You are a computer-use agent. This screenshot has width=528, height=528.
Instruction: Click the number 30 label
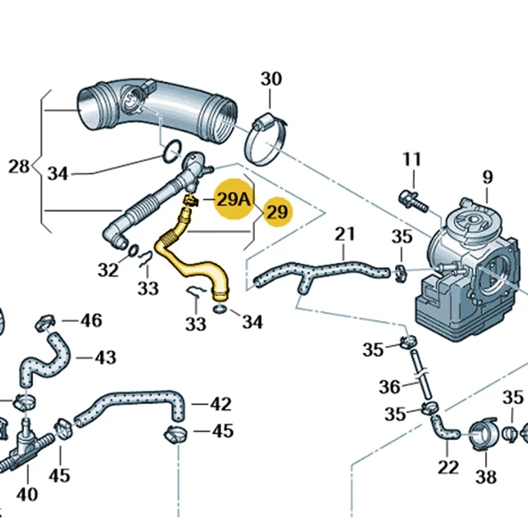coord(270,79)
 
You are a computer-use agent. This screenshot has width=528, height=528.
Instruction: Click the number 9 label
coord(488,177)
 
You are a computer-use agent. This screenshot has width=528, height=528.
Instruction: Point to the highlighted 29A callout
coord(233,200)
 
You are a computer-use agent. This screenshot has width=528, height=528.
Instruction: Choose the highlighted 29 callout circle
coord(277,212)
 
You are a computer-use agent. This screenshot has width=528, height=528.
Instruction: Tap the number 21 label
coord(344,235)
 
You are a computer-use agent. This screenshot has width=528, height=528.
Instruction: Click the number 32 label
coord(108,268)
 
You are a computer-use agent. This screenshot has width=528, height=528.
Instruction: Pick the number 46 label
coord(91,320)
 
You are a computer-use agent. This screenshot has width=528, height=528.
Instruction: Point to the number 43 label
coord(105,358)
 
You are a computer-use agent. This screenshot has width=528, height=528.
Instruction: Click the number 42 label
coord(220,404)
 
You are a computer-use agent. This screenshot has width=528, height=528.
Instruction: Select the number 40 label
coord(27,493)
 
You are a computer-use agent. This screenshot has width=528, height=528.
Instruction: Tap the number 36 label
coord(389,386)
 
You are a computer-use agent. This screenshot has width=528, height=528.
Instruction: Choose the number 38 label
coord(485,476)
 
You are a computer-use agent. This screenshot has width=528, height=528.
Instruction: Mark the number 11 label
coord(410,160)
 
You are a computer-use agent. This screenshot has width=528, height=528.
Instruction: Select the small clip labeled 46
coord(46,319)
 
